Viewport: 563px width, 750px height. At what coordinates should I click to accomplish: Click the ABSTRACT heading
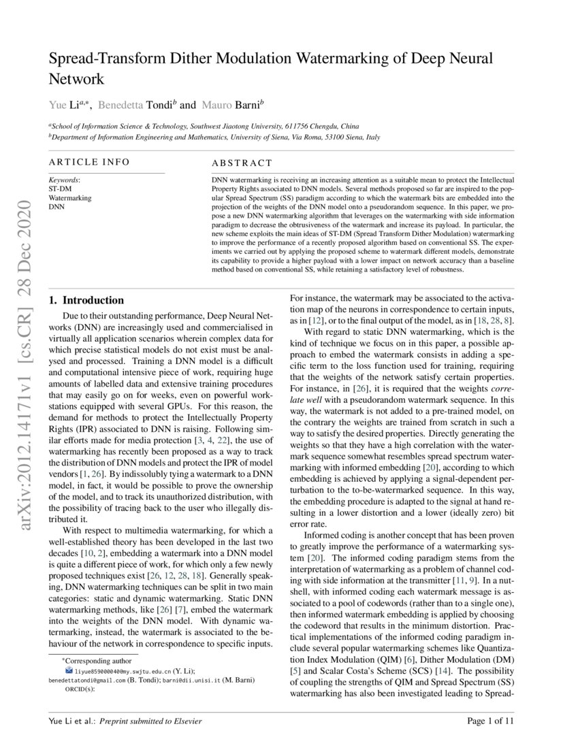(x=242, y=163)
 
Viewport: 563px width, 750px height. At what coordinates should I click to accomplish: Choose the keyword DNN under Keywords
(x=56, y=205)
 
